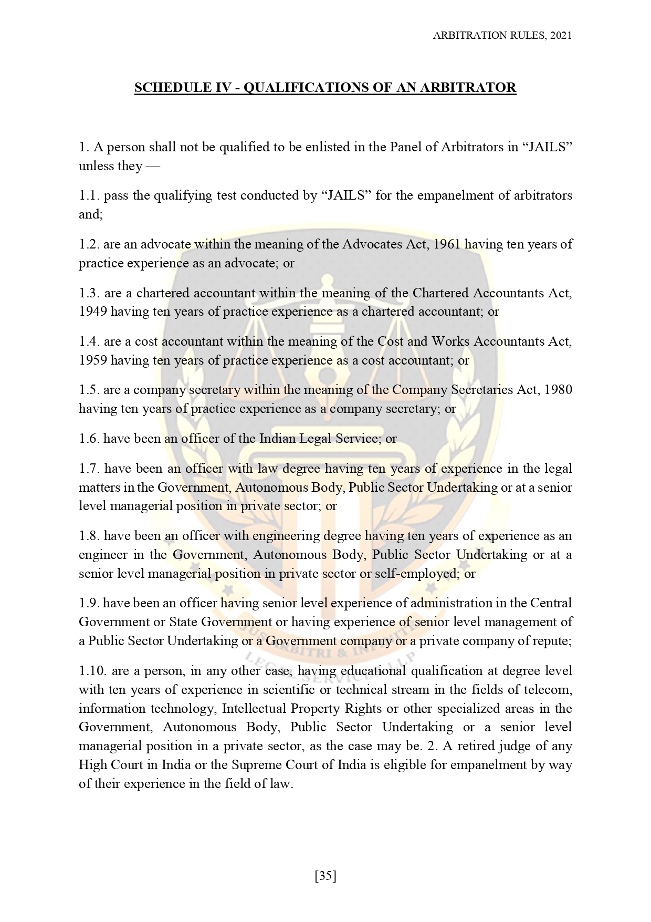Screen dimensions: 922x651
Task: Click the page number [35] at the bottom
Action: pos(325,876)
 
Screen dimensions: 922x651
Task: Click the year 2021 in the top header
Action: pos(561,35)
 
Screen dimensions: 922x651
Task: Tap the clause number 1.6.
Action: pos(89,439)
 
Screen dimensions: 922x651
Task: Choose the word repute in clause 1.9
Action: pos(553,641)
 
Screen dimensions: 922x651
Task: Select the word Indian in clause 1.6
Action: pos(278,439)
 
